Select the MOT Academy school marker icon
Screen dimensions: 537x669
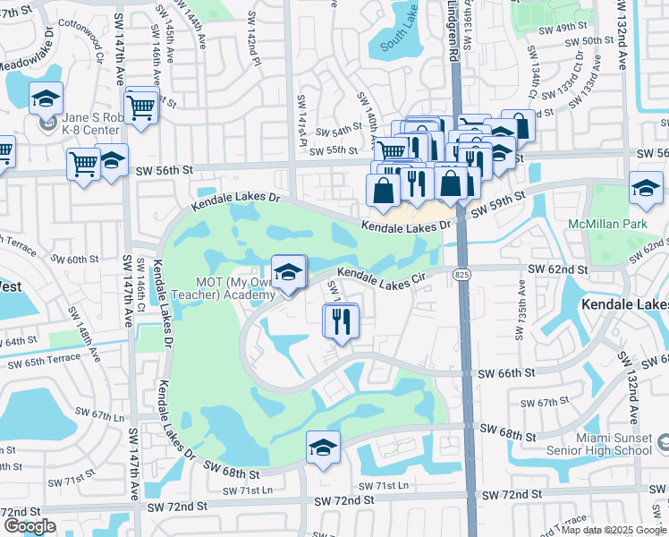point(288,275)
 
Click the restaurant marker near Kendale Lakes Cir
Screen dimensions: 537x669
point(341,321)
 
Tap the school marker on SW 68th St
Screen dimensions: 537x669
point(323,449)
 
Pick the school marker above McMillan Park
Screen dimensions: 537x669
point(645,187)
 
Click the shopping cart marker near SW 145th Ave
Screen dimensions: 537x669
point(142,107)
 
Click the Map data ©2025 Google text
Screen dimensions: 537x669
point(614,530)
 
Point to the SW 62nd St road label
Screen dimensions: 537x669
point(557,268)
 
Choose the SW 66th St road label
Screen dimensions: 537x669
point(505,372)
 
